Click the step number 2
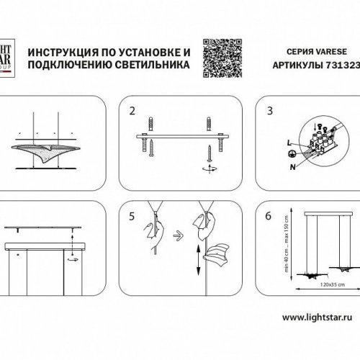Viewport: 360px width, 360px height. (x=132, y=112)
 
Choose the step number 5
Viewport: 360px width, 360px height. (x=132, y=215)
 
